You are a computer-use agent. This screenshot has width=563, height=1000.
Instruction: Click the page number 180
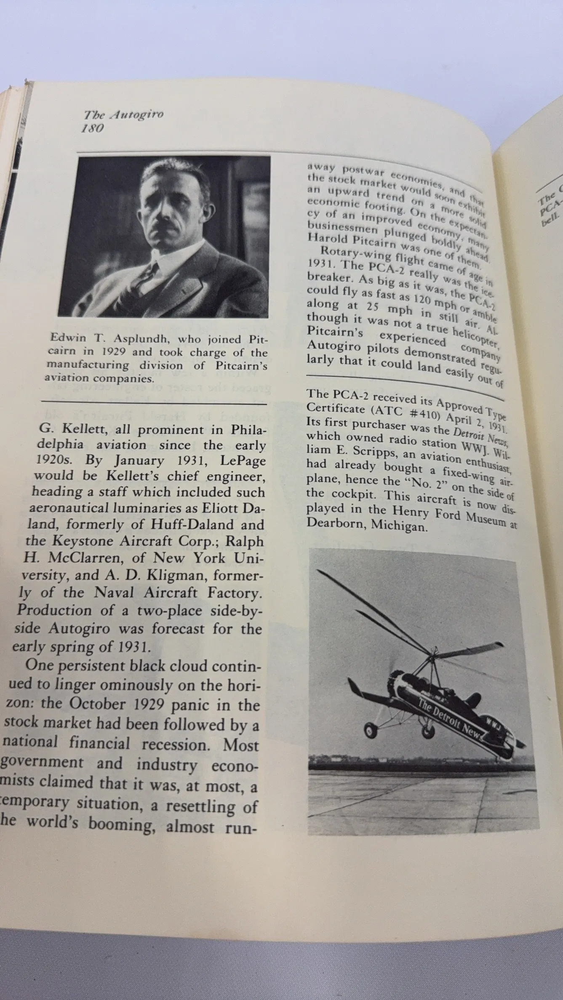[92, 128]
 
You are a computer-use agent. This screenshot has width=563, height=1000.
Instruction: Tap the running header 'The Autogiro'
[123, 114]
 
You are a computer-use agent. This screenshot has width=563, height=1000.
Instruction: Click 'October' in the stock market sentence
[97, 704]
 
